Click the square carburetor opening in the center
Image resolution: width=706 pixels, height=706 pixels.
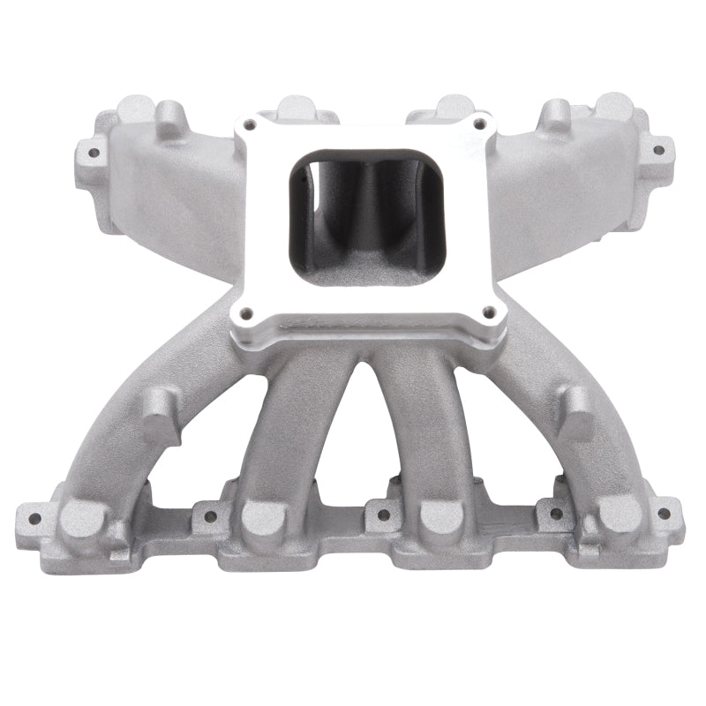click(x=363, y=215)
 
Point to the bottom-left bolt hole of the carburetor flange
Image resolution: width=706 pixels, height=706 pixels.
click(x=245, y=311)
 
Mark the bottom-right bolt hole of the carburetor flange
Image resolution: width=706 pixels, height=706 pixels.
click(x=484, y=310)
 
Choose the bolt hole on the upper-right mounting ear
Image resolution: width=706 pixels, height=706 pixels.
click(x=657, y=149)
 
